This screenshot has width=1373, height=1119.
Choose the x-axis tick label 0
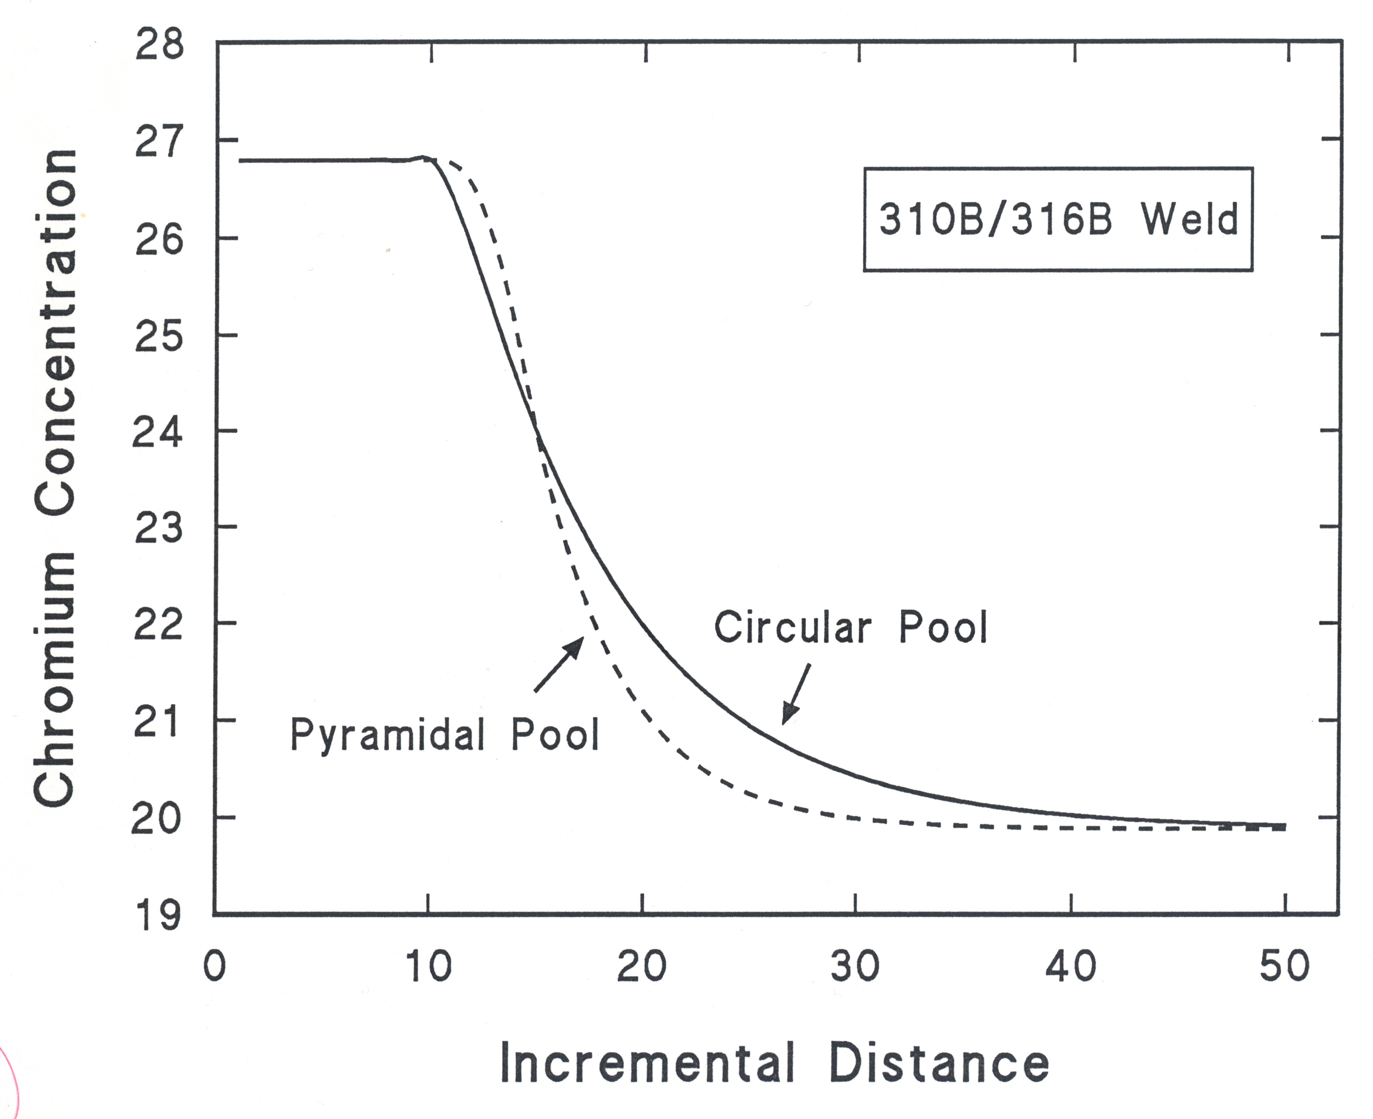[215, 966]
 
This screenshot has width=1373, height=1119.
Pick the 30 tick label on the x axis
[855, 966]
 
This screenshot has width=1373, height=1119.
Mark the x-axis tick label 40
[1071, 966]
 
